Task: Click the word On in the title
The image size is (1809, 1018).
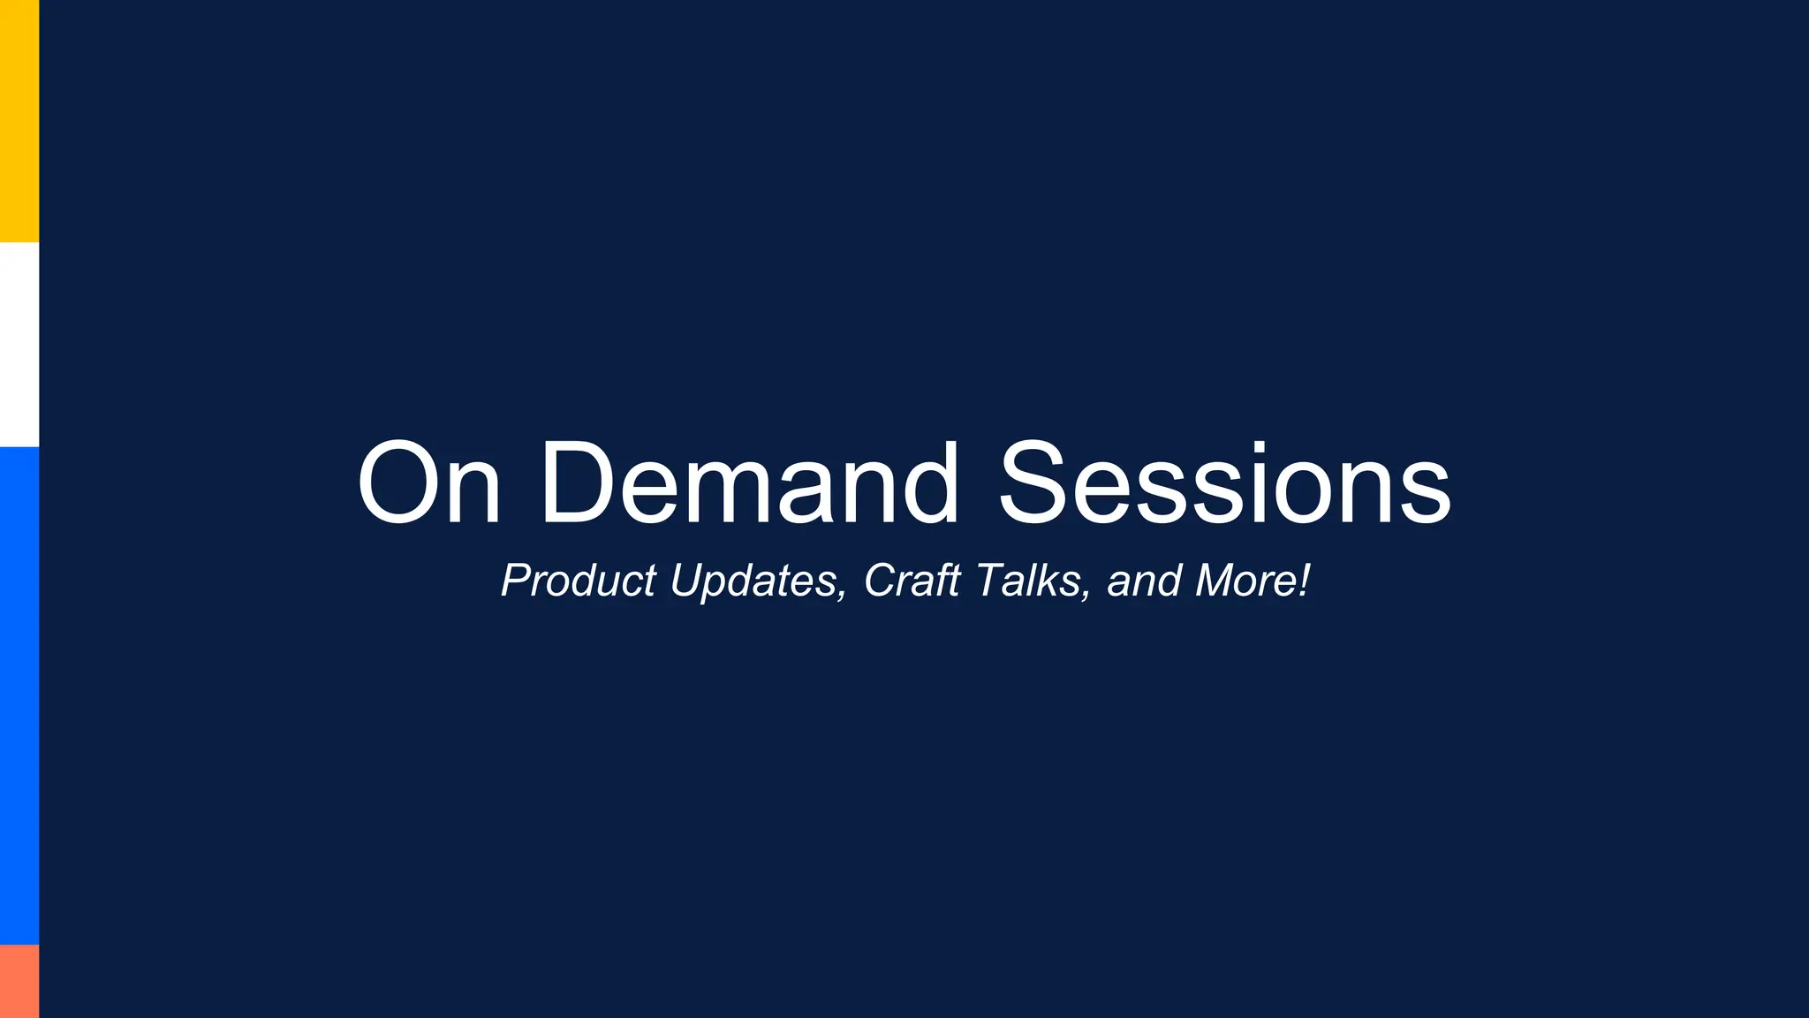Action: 429,483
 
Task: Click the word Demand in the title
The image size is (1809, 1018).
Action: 749,483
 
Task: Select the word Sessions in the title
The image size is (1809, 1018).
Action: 1224,483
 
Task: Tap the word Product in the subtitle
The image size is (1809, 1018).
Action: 579,581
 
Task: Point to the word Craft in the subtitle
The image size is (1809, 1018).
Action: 912,581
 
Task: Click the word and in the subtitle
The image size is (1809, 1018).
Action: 1144,581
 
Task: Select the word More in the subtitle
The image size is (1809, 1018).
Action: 1245,581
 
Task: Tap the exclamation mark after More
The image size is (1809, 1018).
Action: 1305,581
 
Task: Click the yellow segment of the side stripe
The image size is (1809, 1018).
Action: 19,121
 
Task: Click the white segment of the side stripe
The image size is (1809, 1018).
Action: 19,345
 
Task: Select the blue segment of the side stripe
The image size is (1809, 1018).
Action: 19,695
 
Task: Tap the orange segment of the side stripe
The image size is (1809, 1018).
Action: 19,981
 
